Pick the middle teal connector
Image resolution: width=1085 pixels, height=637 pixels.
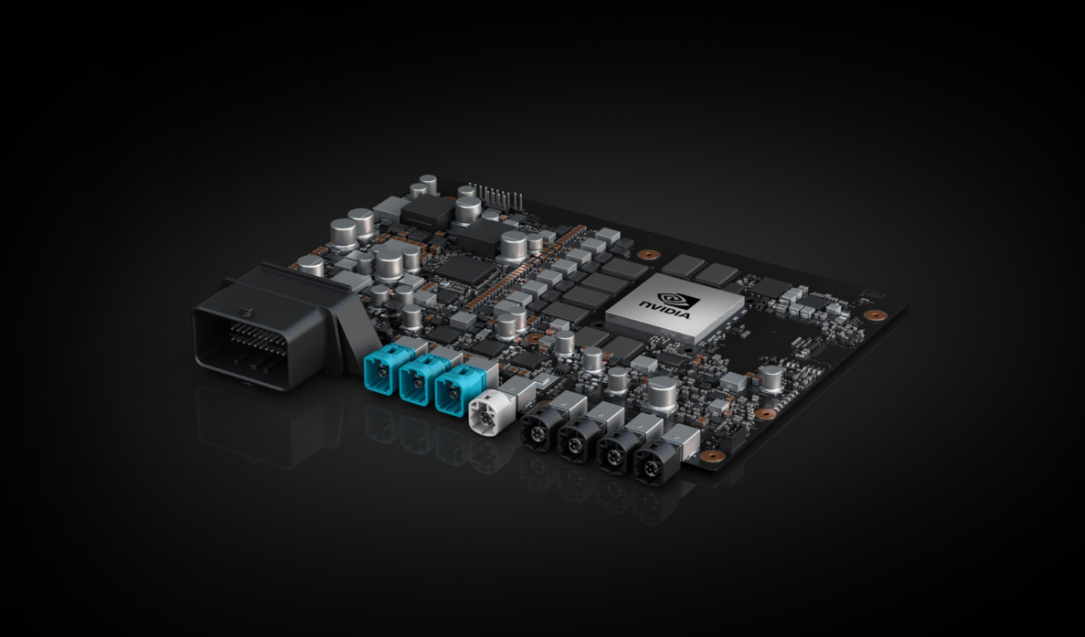[x=416, y=383]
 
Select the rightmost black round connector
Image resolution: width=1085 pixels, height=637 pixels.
[x=651, y=464]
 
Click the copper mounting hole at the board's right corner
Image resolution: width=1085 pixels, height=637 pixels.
[x=875, y=315]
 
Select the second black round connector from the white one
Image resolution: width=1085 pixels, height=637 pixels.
[x=575, y=443]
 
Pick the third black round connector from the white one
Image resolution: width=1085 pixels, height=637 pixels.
[x=613, y=453]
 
